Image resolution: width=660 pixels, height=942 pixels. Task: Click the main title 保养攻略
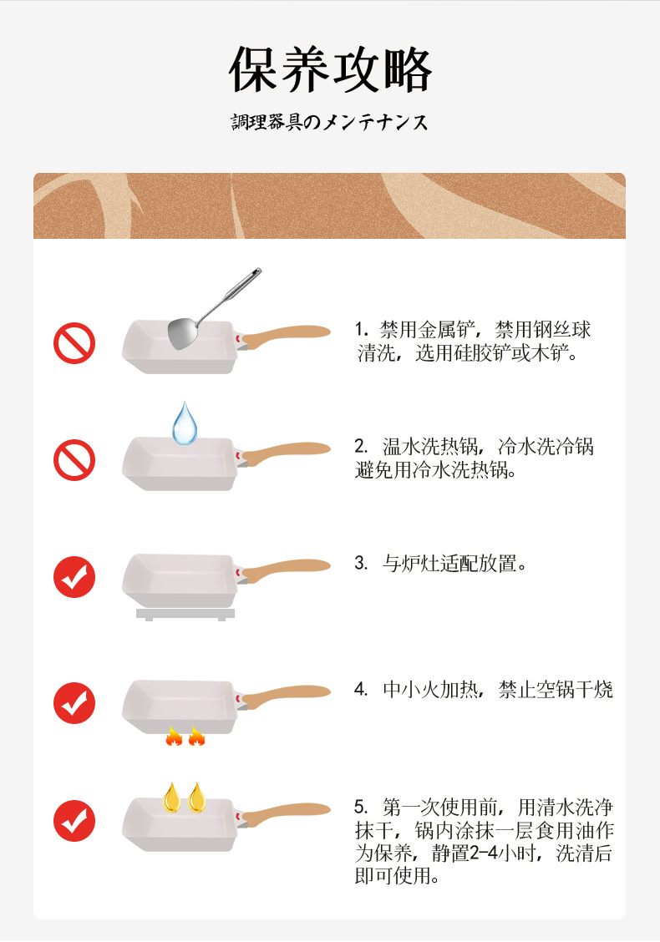[330, 70]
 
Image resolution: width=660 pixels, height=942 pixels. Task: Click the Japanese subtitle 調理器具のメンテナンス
[329, 123]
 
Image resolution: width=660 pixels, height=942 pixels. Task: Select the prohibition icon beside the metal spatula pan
[74, 343]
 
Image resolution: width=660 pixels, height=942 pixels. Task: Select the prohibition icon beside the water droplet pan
[74, 460]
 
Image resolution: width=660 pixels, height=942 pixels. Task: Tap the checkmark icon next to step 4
[74, 702]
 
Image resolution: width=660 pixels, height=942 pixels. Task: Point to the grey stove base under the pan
[185, 614]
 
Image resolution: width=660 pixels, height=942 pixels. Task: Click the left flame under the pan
[174, 736]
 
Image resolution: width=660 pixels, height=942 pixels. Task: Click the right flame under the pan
[196, 736]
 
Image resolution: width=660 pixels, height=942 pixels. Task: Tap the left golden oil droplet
[172, 797]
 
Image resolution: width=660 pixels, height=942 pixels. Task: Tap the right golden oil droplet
[196, 797]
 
